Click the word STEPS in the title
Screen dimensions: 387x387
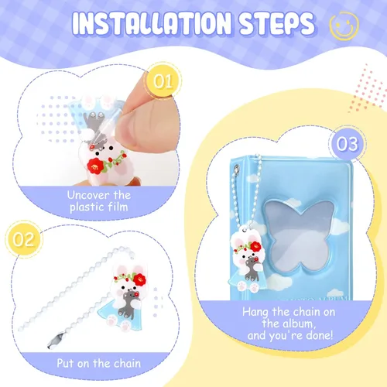click(277, 23)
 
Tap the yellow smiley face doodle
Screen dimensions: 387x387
click(344, 26)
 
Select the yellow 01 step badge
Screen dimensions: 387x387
click(163, 81)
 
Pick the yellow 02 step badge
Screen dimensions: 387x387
click(23, 239)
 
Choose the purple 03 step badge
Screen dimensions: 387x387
click(348, 144)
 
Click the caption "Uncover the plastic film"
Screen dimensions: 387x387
click(99, 201)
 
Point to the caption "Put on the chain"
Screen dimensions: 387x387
click(99, 363)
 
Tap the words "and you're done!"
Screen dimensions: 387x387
click(290, 335)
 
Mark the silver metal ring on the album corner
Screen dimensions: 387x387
click(235, 169)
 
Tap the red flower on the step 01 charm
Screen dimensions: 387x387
click(94, 166)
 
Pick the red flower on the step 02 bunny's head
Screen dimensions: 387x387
click(139, 279)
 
